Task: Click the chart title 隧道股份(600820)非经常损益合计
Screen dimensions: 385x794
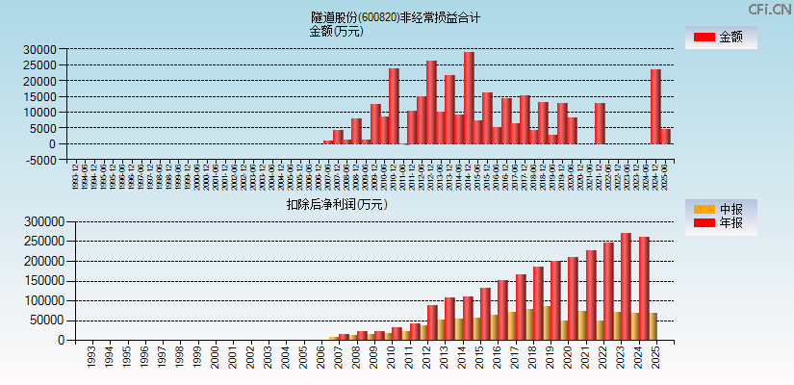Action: (x=396, y=17)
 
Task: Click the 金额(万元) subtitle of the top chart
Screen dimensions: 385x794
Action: (x=336, y=31)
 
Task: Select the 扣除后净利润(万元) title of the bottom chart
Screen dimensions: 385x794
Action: (x=336, y=204)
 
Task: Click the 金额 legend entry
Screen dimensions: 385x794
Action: (x=720, y=38)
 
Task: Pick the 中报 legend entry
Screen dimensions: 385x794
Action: (x=720, y=209)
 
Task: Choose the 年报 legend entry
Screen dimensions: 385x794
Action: (x=720, y=223)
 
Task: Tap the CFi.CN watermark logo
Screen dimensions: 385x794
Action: (x=769, y=10)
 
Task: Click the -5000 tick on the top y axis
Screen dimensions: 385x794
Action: (x=41, y=160)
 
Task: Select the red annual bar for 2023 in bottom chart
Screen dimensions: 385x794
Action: (x=626, y=286)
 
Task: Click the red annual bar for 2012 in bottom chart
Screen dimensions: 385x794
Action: (x=432, y=322)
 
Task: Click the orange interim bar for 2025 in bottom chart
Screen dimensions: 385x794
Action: (x=653, y=326)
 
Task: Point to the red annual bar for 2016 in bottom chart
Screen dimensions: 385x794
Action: (x=502, y=310)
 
